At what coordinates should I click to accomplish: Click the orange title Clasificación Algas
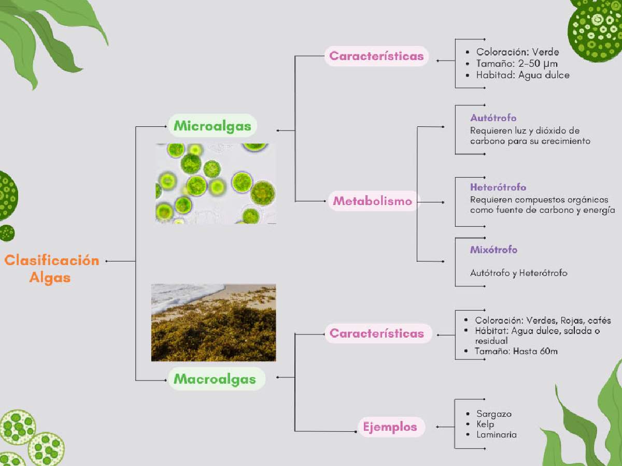coord(51,269)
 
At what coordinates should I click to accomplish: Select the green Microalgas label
coord(213,126)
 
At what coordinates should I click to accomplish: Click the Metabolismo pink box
coord(373,201)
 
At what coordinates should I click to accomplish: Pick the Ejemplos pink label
coord(390,427)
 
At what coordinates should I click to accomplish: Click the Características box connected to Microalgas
coord(376,56)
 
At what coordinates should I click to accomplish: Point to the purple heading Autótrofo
coord(493,118)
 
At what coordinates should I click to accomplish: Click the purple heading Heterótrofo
coord(498,187)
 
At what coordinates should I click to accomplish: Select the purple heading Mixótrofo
coord(493,250)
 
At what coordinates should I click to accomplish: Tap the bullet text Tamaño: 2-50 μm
coord(517,64)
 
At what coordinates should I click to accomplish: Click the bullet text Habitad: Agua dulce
coord(523,75)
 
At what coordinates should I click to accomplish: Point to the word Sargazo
coord(494,414)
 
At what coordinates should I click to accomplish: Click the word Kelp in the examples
coord(485,425)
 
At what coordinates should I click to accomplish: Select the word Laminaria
coord(497,434)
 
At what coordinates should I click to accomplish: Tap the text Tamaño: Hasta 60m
coord(516,352)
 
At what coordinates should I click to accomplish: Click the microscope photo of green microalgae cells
coord(216,184)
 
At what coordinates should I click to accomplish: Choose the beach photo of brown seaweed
coord(214,323)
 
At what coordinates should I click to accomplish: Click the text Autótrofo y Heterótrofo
coord(518,273)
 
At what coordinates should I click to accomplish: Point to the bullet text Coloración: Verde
coord(517,52)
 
